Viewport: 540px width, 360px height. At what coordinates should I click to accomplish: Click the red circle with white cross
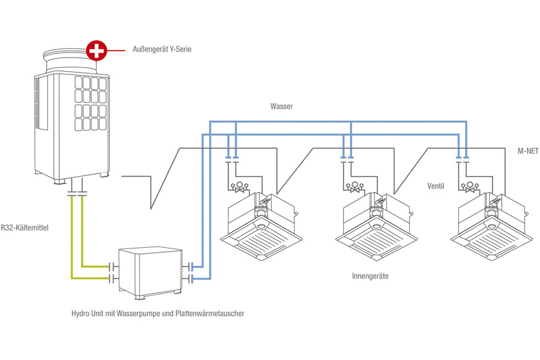coord(96,49)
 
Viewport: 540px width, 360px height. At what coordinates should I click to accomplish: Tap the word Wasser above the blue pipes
coord(281,107)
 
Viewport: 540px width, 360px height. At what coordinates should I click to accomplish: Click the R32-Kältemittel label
coord(25,228)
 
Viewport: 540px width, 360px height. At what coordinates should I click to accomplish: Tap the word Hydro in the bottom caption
coord(82,314)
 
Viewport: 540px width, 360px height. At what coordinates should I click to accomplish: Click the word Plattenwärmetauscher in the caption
coord(210,314)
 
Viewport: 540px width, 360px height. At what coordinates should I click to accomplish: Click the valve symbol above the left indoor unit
coord(239,187)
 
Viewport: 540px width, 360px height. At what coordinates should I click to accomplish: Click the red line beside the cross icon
coord(118,49)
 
